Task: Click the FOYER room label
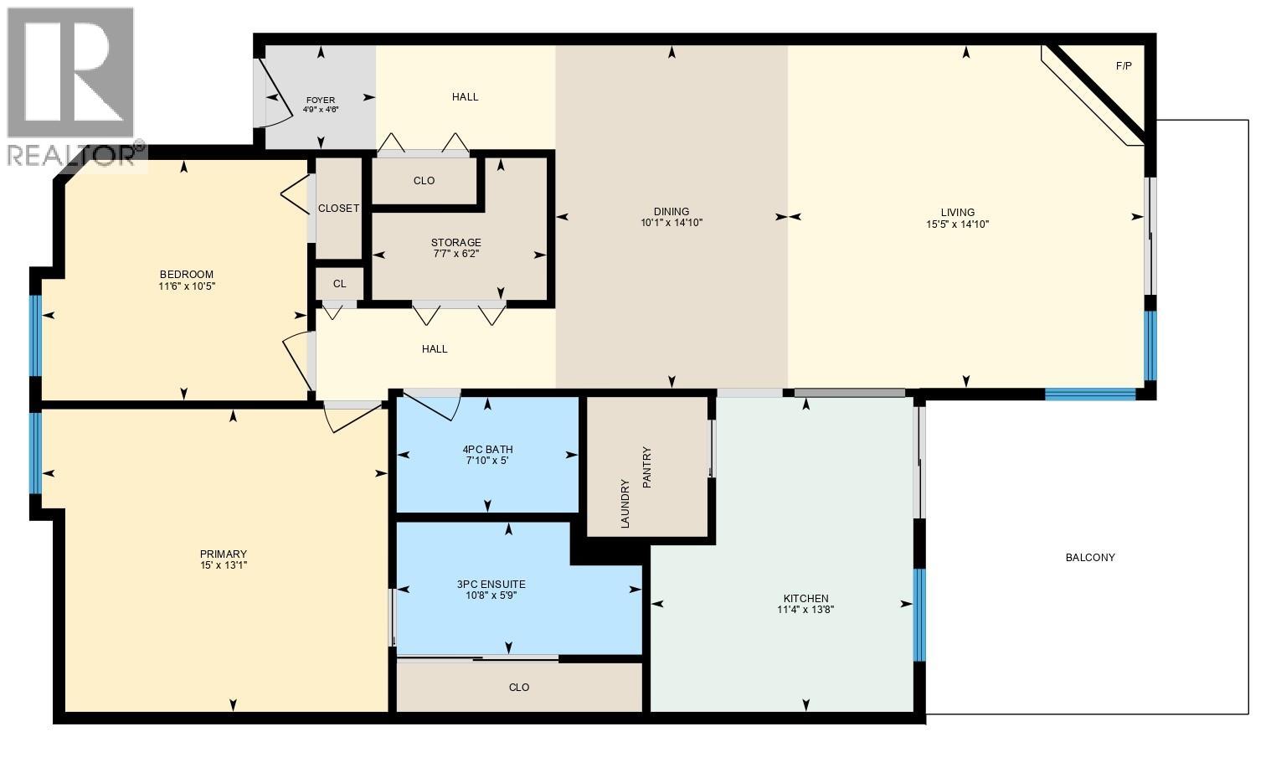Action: [x=321, y=100]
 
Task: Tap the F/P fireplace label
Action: [x=1124, y=66]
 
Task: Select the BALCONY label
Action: [x=1089, y=558]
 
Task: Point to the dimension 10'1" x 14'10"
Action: [x=671, y=224]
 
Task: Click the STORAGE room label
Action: [x=456, y=243]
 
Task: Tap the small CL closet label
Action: [x=339, y=284]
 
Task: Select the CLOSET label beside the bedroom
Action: [x=338, y=209]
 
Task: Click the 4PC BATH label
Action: [x=487, y=449]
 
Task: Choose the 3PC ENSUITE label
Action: [x=491, y=585]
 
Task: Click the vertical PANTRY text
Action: [x=646, y=467]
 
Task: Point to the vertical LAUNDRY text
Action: [x=625, y=503]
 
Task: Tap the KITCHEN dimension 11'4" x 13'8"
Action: [x=805, y=610]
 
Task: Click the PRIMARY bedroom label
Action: [x=223, y=554]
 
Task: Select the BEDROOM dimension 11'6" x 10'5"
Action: [x=187, y=286]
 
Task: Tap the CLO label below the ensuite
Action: [x=519, y=688]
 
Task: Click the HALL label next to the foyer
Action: [x=465, y=97]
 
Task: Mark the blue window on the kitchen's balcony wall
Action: [x=919, y=615]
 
